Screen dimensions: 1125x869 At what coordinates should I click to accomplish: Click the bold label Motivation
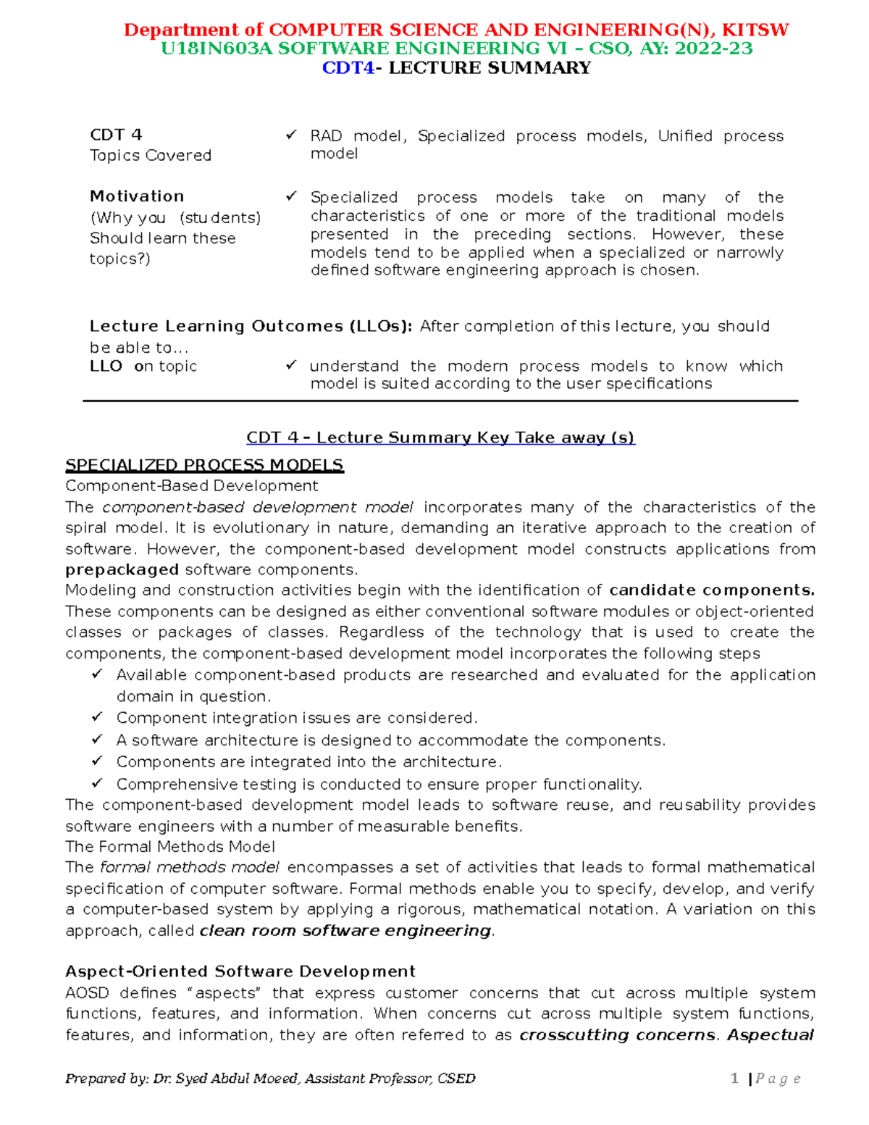point(137,196)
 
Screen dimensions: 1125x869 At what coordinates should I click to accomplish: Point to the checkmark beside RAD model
point(291,135)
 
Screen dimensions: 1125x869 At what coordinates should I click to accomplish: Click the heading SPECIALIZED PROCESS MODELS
point(204,465)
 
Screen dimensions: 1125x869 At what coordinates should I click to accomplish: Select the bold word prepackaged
point(122,569)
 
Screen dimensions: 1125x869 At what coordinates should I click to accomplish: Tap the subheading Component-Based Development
point(191,485)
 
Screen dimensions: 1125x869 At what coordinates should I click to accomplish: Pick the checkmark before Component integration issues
point(98,717)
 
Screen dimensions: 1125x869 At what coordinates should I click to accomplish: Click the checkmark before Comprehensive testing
point(98,784)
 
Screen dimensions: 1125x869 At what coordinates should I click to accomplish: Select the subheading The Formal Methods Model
point(170,846)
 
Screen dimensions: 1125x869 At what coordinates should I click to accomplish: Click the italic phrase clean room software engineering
point(345,930)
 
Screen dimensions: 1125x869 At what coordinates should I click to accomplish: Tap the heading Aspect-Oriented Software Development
point(240,971)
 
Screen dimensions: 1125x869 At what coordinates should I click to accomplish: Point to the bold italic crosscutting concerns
point(617,1034)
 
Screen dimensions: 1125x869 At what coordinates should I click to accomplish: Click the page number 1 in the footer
point(734,1079)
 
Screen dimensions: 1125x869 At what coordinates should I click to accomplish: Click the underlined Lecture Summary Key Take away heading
point(440,438)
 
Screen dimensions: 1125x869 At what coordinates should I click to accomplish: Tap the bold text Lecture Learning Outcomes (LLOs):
point(251,326)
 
